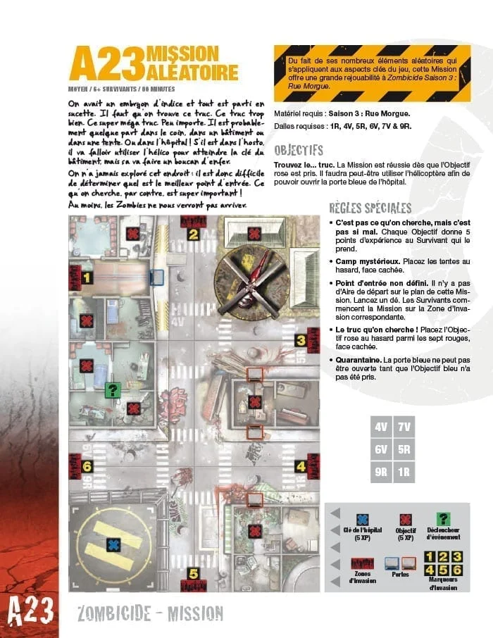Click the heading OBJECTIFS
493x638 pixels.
(x=298, y=150)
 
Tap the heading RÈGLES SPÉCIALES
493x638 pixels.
(x=370, y=208)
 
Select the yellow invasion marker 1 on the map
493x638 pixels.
(x=87, y=278)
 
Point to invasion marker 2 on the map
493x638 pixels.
(x=193, y=235)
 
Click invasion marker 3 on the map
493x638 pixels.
(x=300, y=341)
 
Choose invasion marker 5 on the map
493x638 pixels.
(x=193, y=573)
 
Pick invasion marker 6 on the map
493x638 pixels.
(x=87, y=465)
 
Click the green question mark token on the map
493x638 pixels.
(x=111, y=389)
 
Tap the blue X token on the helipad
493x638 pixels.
(x=113, y=544)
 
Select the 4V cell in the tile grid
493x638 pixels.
(x=381, y=427)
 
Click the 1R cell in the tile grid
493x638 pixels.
(x=404, y=472)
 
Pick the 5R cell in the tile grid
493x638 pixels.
(x=404, y=449)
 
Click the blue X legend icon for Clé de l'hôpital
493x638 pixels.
(x=363, y=519)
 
